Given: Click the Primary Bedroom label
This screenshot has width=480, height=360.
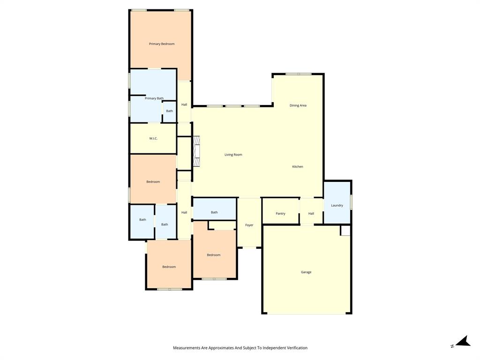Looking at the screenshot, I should coord(162,44).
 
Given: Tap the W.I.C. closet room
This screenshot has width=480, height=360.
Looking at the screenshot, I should coord(153,138).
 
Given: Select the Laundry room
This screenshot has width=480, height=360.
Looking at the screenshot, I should coord(337,205).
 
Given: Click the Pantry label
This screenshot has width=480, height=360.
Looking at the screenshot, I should coord(280,214).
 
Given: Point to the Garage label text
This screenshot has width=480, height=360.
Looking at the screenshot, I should coord(306,272).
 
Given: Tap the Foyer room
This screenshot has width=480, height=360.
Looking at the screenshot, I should coord(249,225).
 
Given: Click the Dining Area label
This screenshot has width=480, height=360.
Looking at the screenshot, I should coord(298,105).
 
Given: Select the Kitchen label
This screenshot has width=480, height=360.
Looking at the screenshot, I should coord(298,167).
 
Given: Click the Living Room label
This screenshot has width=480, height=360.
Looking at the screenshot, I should coord(233,155).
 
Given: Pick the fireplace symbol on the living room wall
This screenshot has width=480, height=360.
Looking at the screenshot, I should coord(196,151).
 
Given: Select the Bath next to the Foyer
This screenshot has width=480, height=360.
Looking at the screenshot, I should coord(214,212).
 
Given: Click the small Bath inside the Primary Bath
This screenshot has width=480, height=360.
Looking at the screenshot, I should coord(169,111).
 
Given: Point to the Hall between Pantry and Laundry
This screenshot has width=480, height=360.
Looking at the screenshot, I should coord(311,214).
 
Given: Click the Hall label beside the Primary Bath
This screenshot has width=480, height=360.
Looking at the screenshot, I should coord(184,105).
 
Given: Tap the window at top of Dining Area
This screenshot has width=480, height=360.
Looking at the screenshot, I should coord(298,74).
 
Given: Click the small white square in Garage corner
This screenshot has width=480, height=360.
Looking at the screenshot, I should coord(345,231).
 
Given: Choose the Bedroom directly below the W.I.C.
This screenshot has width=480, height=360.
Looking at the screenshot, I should coord(153,182).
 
